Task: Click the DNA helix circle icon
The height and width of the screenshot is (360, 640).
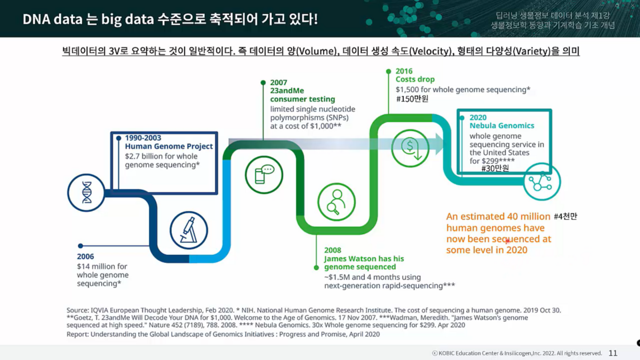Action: pos(87,193)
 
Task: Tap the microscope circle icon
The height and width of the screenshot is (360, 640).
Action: pos(189,230)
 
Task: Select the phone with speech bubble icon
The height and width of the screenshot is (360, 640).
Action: pos(264,174)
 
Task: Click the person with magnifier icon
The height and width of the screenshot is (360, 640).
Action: pos(337,202)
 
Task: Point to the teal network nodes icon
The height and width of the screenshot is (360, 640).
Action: pos(542,181)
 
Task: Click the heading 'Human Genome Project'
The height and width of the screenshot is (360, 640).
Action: pos(169,146)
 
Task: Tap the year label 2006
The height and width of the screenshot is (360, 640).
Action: pos(85,257)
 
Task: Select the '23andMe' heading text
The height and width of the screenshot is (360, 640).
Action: pos(286,91)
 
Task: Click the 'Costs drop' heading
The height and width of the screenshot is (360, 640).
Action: pos(415,79)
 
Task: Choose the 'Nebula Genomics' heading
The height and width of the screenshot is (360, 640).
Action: pos(502,126)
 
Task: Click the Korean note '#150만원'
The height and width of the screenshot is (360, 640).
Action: pos(412,99)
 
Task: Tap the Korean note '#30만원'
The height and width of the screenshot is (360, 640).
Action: pos(495,169)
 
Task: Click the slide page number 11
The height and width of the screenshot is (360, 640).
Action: pos(613,353)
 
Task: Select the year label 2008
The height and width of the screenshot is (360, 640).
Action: pos(333,250)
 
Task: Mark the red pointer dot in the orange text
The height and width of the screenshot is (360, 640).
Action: pos(508,241)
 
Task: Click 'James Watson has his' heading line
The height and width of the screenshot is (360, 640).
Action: pos(364,259)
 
